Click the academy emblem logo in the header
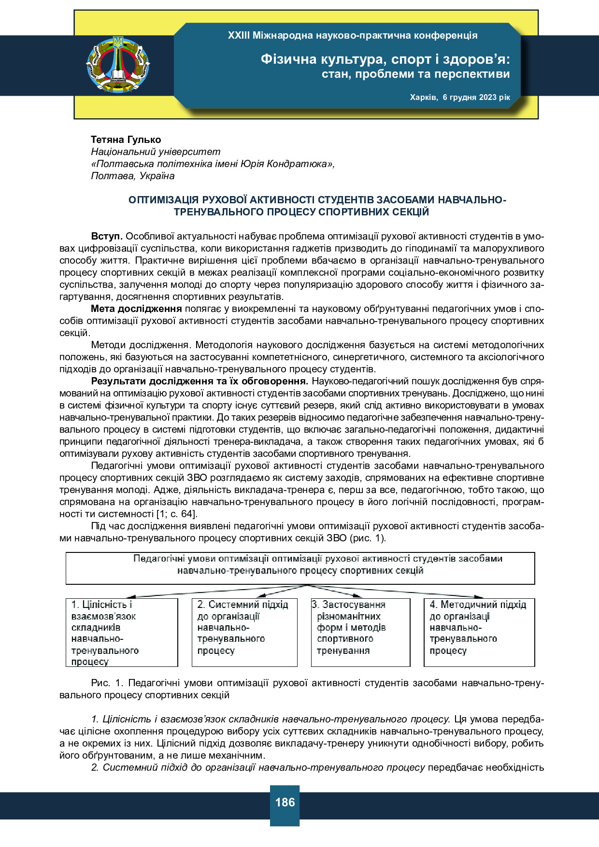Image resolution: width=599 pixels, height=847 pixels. pyautogui.click(x=118, y=64)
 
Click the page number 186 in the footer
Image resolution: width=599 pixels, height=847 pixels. pyautogui.click(x=285, y=802)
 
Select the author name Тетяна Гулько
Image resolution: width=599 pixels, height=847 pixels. pyautogui.click(x=126, y=140)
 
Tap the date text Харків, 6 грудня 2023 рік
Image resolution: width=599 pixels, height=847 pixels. pyautogui.click(x=459, y=97)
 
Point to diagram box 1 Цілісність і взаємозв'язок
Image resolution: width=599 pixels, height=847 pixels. pyautogui.click(x=122, y=633)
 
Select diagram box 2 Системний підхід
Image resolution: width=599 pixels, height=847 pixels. pyautogui.click(x=244, y=633)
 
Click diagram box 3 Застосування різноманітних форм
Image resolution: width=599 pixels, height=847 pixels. pyautogui.click(x=360, y=633)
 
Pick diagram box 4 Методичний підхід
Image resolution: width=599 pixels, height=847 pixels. pyautogui.click(x=479, y=633)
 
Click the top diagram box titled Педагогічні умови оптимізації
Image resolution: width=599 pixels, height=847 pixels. pyautogui.click(x=300, y=568)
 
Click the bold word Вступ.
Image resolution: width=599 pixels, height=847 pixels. pyautogui.click(x=107, y=236)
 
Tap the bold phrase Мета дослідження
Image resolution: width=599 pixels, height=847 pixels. pyautogui.click(x=136, y=309)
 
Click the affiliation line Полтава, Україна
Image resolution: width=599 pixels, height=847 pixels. pyautogui.click(x=132, y=176)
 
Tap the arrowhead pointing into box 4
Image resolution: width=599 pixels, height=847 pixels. pyautogui.click(x=478, y=597)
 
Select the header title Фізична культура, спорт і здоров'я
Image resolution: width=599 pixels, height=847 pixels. pyautogui.click(x=385, y=59)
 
